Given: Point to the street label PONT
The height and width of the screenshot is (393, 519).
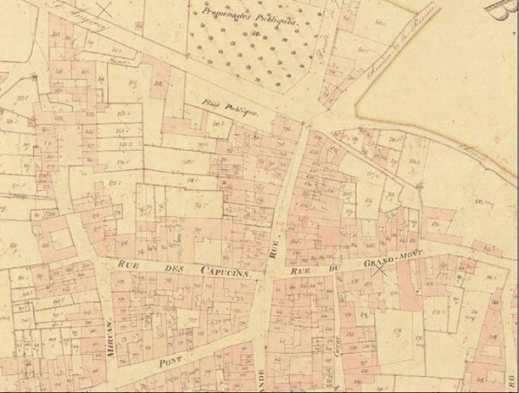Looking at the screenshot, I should point(171,362).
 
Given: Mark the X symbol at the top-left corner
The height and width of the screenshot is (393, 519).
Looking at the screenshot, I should point(106,9).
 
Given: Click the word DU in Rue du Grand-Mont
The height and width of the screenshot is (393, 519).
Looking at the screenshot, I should point(334,267).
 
